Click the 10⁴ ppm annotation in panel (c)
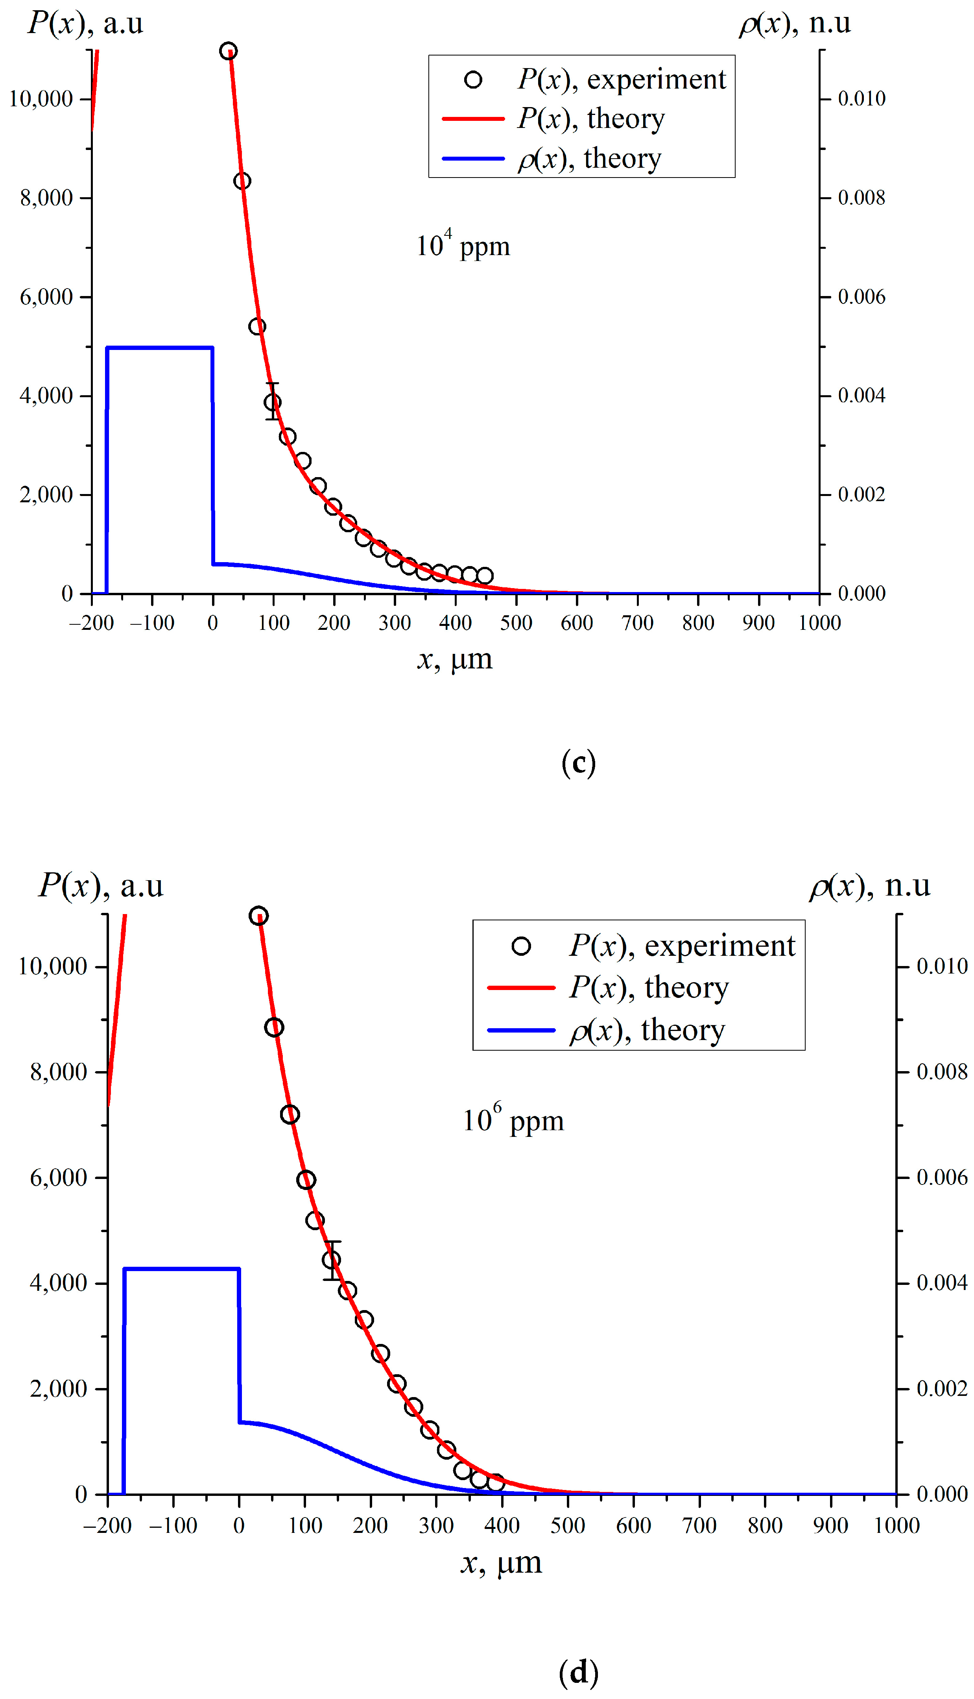click(x=463, y=246)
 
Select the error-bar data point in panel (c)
click(x=272, y=402)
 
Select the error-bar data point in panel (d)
click(x=331, y=1260)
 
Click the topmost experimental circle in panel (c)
click(x=228, y=51)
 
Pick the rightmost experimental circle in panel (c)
click(x=485, y=576)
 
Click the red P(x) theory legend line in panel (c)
click(x=473, y=118)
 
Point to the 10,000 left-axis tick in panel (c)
click(x=41, y=99)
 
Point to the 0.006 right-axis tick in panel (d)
click(x=942, y=1177)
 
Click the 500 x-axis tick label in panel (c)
click(x=516, y=623)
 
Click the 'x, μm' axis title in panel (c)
click(x=455, y=659)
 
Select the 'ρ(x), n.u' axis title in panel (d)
click(x=870, y=886)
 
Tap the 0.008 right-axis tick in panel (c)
click(x=861, y=198)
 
